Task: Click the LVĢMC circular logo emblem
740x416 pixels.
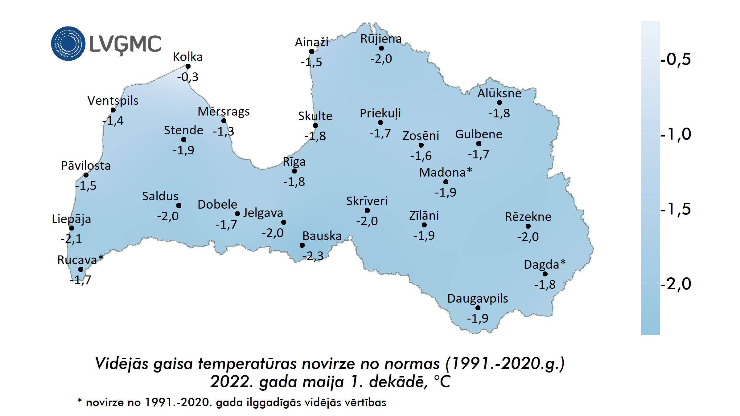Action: click(68, 43)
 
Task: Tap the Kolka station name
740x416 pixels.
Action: click(187, 57)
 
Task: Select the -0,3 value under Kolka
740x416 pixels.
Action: click(187, 77)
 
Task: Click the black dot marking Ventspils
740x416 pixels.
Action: click(113, 110)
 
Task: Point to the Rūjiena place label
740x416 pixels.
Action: click(381, 39)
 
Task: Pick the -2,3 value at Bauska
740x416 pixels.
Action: click(313, 256)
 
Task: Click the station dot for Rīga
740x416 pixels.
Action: click(294, 171)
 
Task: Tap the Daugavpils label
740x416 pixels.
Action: click(478, 298)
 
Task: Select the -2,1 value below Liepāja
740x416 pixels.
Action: click(71, 239)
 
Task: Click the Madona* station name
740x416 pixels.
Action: click(446, 172)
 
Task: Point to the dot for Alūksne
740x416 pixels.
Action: click(499, 103)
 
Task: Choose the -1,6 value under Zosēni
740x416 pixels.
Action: click(421, 156)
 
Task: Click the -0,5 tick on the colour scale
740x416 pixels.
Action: click(675, 59)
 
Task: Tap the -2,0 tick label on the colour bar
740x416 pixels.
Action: click(675, 283)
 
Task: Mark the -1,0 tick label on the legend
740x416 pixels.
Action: click(675, 134)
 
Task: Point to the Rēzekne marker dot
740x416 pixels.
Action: click(528, 226)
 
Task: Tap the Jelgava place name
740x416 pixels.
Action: click(263, 213)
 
